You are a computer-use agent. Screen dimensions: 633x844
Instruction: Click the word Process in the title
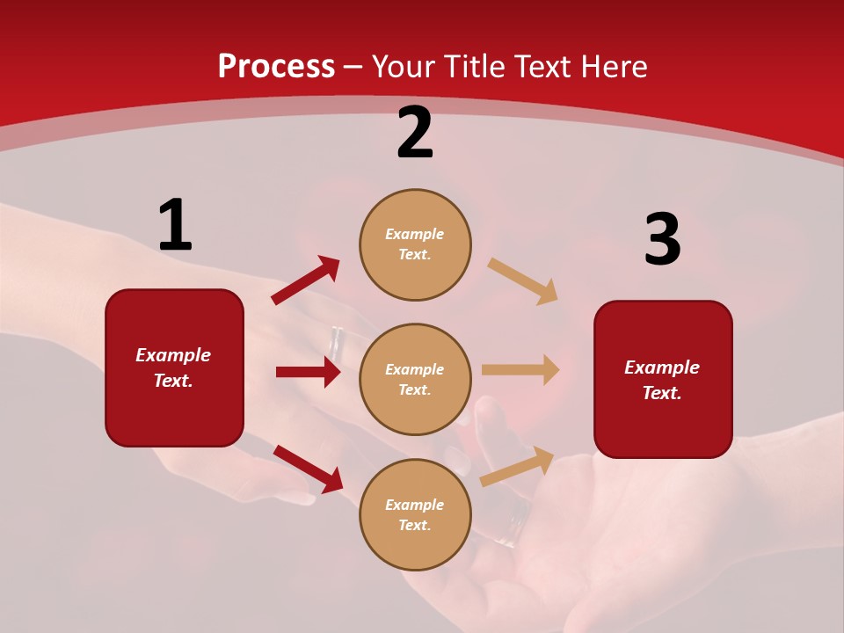tap(276, 67)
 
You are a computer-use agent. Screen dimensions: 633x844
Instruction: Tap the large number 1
tap(175, 226)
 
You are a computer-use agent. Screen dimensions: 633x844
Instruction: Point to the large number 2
tap(415, 134)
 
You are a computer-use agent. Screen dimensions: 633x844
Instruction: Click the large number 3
tap(662, 240)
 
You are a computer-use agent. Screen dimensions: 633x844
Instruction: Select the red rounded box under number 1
tap(174, 367)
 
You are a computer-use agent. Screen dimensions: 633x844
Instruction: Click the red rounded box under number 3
tap(663, 379)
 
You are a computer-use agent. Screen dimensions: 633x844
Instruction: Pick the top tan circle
tap(415, 244)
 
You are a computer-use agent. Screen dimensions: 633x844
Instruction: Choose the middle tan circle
tap(415, 379)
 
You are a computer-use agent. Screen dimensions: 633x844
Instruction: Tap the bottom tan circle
tap(415, 514)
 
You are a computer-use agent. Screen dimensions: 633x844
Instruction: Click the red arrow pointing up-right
tap(305, 280)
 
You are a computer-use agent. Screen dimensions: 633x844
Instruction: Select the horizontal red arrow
tap(308, 372)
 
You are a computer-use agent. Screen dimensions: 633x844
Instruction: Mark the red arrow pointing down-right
tap(308, 469)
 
